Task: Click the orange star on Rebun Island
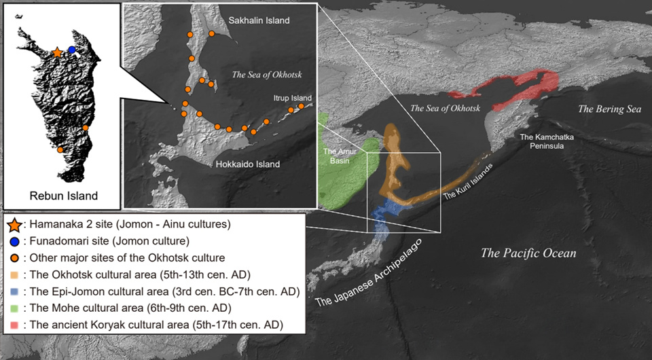point(57,52)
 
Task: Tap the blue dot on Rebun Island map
point(71,50)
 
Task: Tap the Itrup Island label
point(293,98)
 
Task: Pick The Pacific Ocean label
point(528,253)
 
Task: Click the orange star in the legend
point(14,224)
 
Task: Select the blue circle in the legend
point(14,240)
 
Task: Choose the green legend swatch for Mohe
point(14,308)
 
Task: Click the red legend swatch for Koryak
point(14,325)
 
